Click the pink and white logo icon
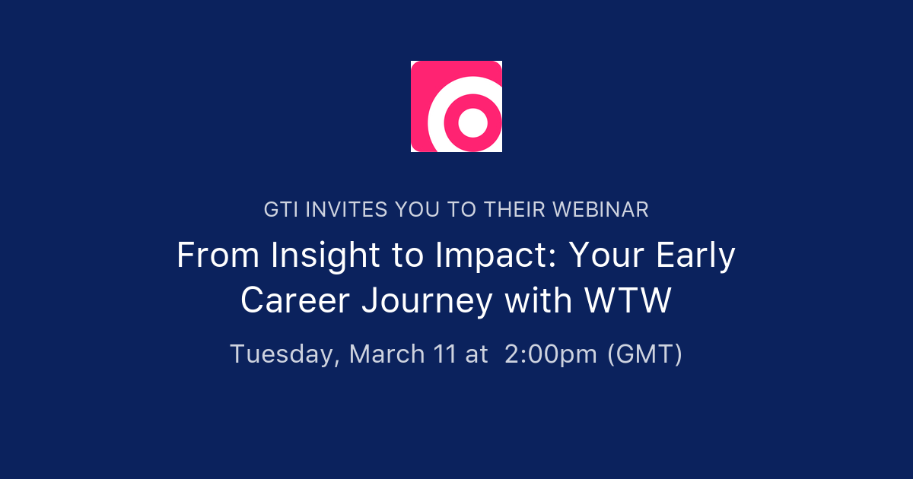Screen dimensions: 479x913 [456, 106]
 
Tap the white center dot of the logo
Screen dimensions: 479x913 [472, 122]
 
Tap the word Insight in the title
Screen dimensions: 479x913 [329, 256]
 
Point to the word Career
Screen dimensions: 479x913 [295, 301]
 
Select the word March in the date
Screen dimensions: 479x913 [387, 354]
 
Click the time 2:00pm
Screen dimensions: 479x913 [550, 355]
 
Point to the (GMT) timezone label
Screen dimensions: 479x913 [644, 354]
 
